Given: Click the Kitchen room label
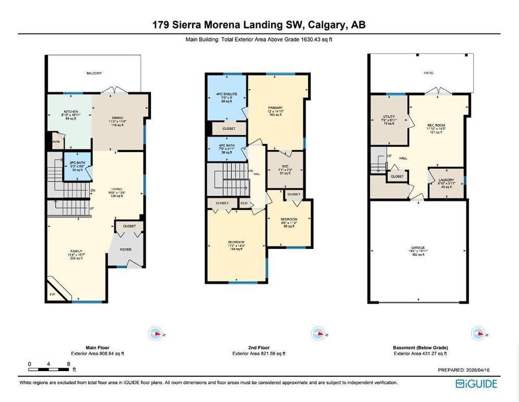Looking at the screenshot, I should (x=70, y=111).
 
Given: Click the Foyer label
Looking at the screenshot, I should (x=125, y=249).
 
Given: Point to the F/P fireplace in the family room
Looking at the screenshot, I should (x=52, y=294).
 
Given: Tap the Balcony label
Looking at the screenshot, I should (x=94, y=74).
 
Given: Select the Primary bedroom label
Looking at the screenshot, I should (x=276, y=108).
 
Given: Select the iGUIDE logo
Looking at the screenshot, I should (x=476, y=383).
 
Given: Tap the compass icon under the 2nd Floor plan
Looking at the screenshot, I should (x=318, y=334).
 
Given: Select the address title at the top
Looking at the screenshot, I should (x=259, y=24).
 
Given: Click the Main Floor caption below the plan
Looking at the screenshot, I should (x=91, y=348).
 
